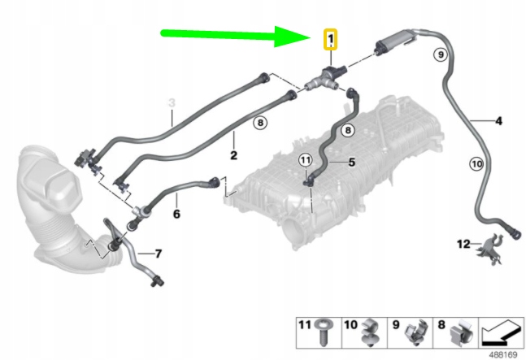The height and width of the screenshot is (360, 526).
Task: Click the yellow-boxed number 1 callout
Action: pyautogui.click(x=330, y=40)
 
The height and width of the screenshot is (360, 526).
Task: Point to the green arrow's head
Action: pyautogui.click(x=293, y=37)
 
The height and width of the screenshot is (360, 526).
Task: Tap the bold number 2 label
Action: pyautogui.click(x=234, y=155)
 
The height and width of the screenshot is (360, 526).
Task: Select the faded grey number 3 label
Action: pyautogui.click(x=172, y=102)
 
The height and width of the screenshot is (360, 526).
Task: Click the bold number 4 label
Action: pyautogui.click(x=499, y=120)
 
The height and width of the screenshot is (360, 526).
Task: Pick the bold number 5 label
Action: pyautogui.click(x=351, y=163)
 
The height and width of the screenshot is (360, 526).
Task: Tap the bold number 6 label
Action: pyautogui.click(x=176, y=214)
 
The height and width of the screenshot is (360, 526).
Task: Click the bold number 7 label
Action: pyautogui.click(x=159, y=254)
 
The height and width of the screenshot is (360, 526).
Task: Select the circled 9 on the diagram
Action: pyautogui.click(x=441, y=54)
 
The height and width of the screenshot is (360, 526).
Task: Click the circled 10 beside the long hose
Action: pyautogui.click(x=476, y=164)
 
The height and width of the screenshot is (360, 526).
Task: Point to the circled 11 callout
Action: pyautogui.click(x=305, y=160)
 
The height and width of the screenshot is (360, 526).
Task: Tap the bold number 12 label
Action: pyautogui.click(x=463, y=244)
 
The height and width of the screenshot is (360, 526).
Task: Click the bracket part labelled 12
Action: pyautogui.click(x=490, y=249)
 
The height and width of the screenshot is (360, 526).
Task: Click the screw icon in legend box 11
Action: pyautogui.click(x=323, y=332)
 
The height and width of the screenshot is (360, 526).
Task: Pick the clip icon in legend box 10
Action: pyautogui.click(x=371, y=332)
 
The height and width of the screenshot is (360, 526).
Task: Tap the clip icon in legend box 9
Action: pyautogui.click(x=416, y=332)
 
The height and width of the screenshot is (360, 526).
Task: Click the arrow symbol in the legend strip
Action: pyautogui.click(x=501, y=332)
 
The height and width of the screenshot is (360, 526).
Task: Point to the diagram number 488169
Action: pyautogui.click(x=503, y=354)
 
